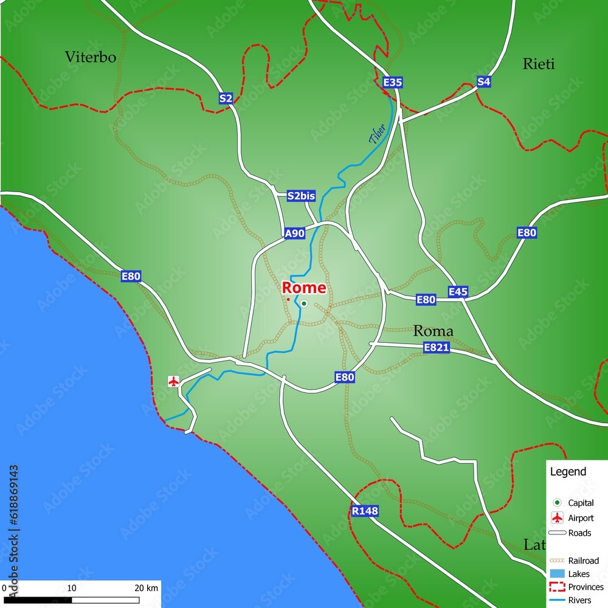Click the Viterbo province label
pos(90,57)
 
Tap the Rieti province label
pos(539,64)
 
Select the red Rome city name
pos(304,288)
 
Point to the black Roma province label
pos(433,331)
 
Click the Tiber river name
pos(377,134)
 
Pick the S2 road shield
pos(226,98)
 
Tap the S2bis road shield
pos(302,196)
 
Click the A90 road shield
pos(294,233)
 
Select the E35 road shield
pos(393,82)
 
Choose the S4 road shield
pos(483,81)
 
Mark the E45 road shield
pos(458,292)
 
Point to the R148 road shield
pos(365,511)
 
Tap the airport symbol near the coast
pos(174,381)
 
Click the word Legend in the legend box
pos(568,471)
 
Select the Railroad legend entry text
pos(583,561)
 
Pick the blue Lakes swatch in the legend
pos(556,574)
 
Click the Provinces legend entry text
pos(586,587)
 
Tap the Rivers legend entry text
pos(579,600)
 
